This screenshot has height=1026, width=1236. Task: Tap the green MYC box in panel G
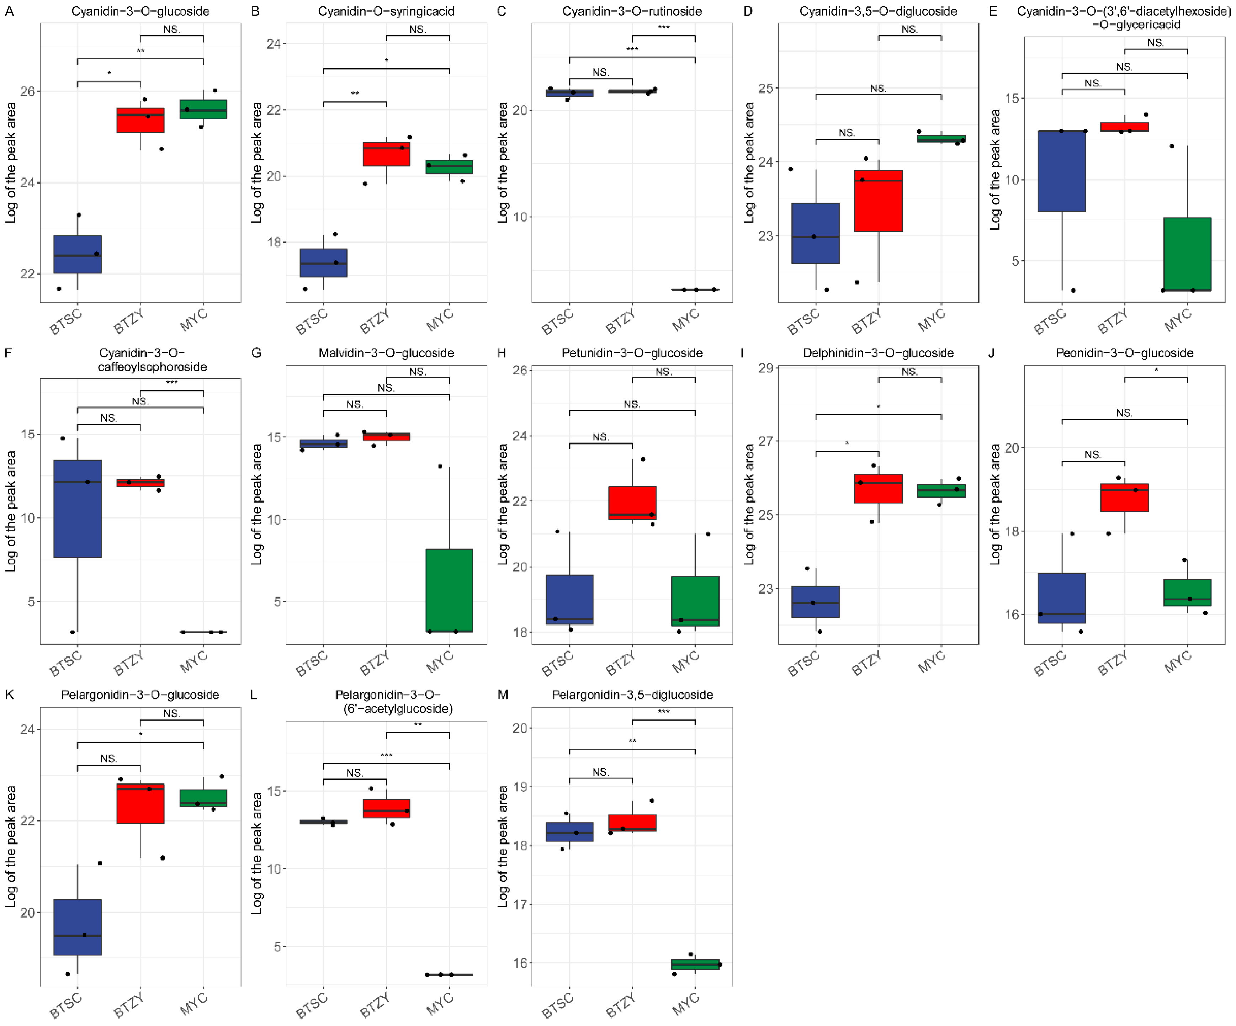pos(449,590)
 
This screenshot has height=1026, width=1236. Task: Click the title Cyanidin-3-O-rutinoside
pos(632,11)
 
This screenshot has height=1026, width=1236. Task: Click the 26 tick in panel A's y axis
pos(27,91)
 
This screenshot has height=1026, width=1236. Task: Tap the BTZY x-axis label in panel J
pos(1113,662)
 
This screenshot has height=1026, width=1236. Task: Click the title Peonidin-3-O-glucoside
pos(1124,352)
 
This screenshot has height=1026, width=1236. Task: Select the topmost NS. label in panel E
pos(1155,42)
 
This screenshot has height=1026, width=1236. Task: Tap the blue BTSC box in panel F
pos(77,508)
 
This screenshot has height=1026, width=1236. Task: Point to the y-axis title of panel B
pos(256,163)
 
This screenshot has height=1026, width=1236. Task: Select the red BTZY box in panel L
pos(386,808)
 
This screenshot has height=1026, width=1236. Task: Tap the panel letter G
pos(256,352)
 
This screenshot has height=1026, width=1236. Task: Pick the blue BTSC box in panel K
pos(77,926)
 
